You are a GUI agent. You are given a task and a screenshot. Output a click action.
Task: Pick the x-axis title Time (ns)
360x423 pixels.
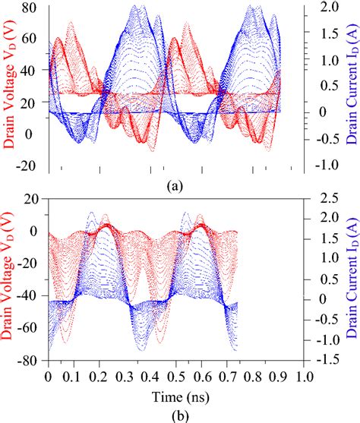tap(176, 396)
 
